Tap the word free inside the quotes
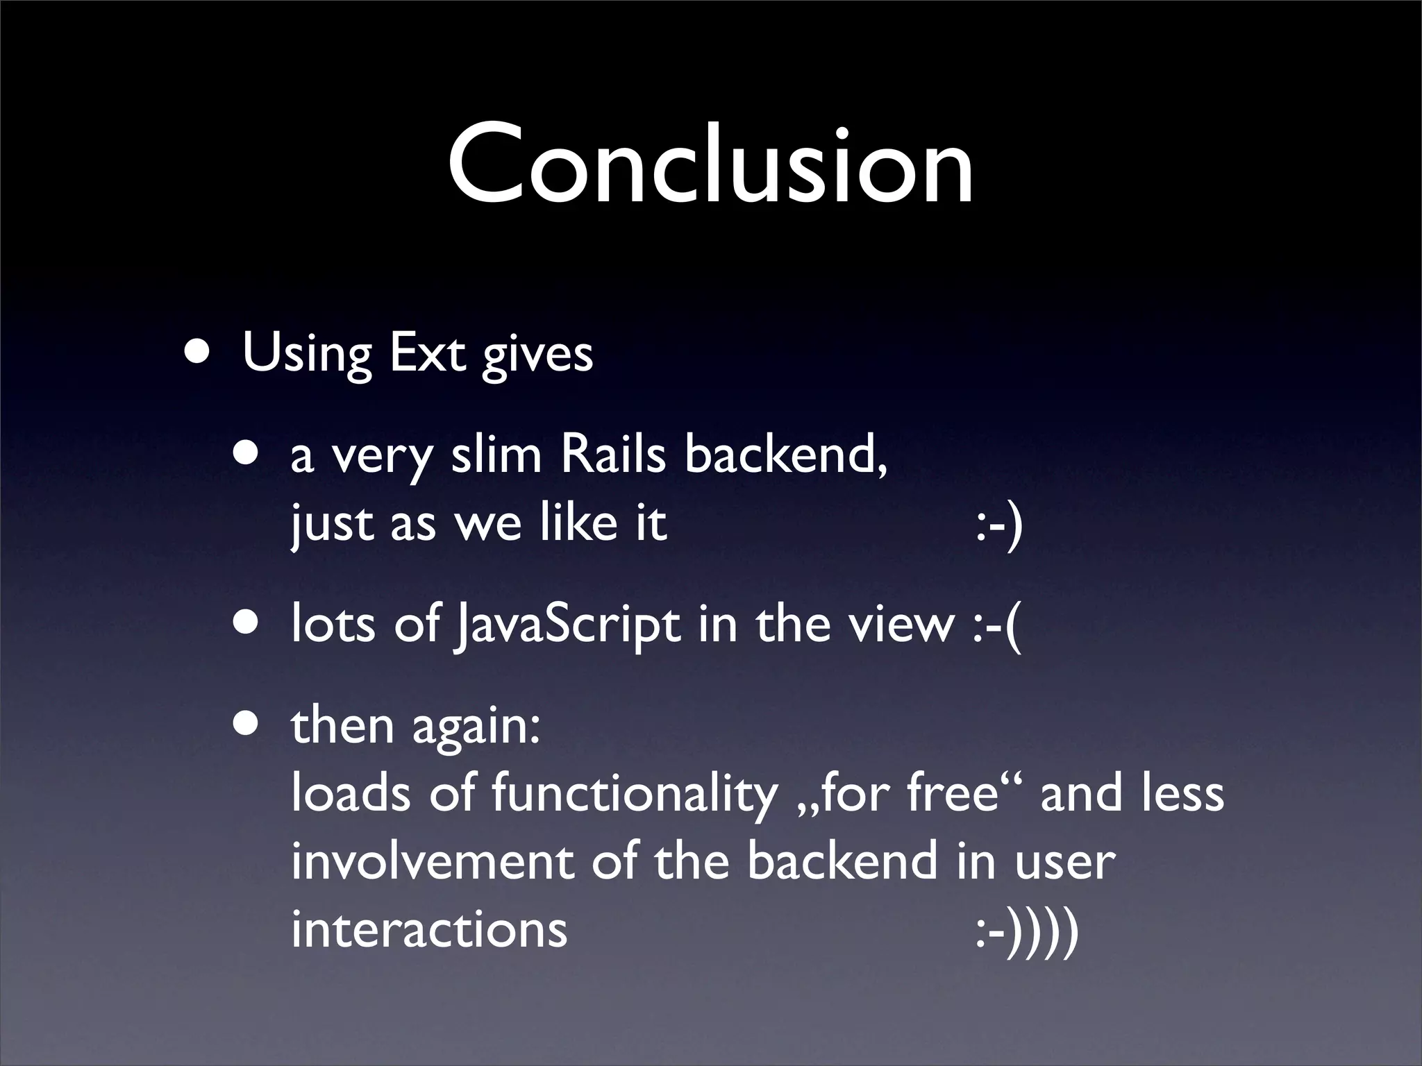coord(952,793)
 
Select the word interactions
coord(429,929)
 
